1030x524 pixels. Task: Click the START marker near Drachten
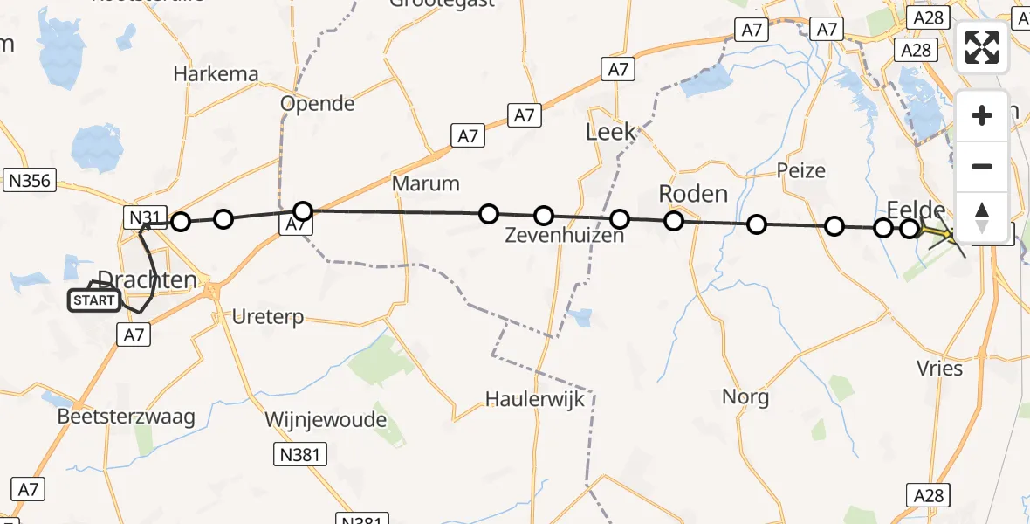click(94, 300)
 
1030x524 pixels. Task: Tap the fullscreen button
click(982, 47)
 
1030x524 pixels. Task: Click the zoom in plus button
click(982, 115)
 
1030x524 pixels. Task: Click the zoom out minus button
click(982, 166)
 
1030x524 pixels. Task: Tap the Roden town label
click(693, 193)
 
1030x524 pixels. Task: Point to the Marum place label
click(426, 183)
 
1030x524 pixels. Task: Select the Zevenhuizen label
click(565, 236)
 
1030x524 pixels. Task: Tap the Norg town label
click(745, 398)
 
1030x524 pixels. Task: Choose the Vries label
click(940, 368)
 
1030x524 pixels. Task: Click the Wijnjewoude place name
click(326, 420)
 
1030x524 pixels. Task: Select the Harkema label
click(216, 74)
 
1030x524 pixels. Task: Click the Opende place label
click(318, 104)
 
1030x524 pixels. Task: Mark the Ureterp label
click(268, 317)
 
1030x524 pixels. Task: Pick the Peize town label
click(801, 170)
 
